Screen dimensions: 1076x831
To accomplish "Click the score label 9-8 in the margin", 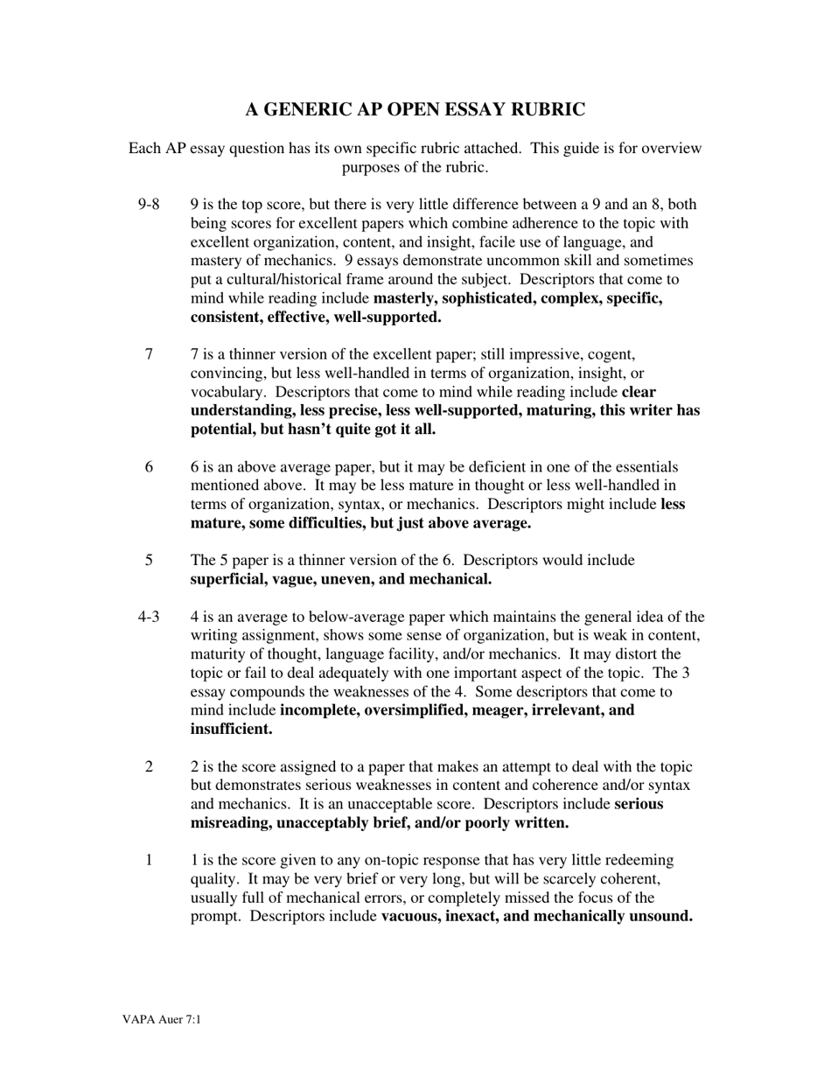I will pos(149,205).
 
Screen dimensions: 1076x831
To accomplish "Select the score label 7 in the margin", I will pos(150,354).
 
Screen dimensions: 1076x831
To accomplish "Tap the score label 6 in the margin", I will pos(150,467).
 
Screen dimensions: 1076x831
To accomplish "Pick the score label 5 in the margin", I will pos(150,560).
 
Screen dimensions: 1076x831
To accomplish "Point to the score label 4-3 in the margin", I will pos(149,617).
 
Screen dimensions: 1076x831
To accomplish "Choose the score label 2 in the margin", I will pos(150,766).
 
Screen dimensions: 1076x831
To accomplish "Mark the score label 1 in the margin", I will pos(150,860).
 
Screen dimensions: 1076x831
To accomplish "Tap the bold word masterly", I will pos(405,298).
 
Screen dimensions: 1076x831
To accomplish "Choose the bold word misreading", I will pos(230,823).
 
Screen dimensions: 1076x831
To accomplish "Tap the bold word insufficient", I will pos(230,729).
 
